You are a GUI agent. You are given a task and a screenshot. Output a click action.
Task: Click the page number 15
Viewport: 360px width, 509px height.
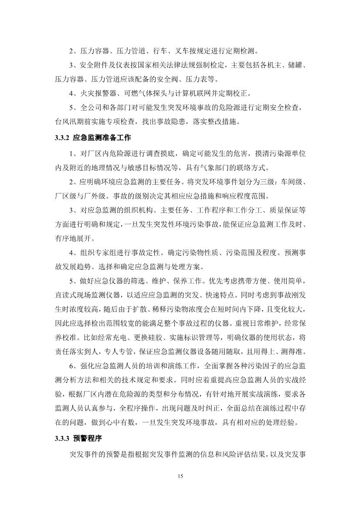pos(180,476)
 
